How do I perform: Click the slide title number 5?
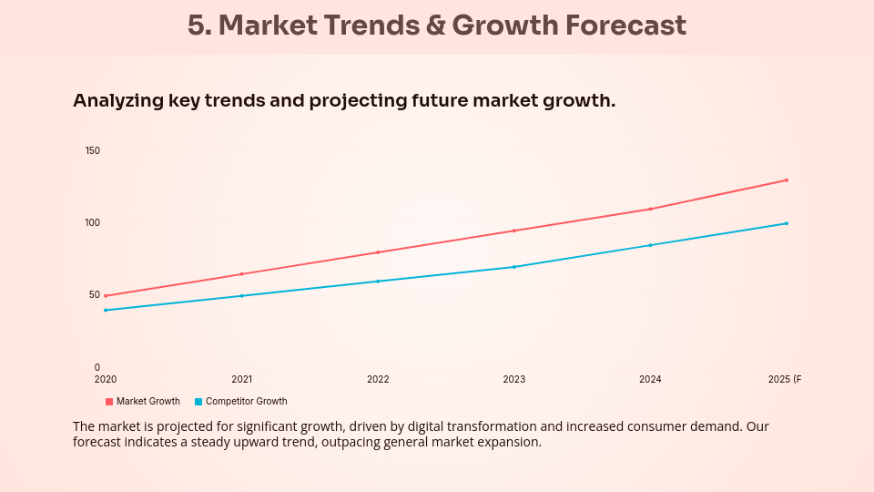[198, 26]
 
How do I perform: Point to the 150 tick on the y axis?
[92, 150]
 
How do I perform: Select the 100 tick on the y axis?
[92, 222]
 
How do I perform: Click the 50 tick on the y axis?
[94, 294]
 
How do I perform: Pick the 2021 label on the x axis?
[241, 379]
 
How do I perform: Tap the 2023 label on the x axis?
[513, 379]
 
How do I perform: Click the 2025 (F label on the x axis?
[784, 379]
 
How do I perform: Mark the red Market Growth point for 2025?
[787, 180]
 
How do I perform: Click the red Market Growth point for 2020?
[106, 296]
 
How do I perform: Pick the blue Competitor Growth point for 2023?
[514, 267]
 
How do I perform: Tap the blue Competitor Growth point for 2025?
[787, 223]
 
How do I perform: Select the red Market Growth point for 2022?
[378, 252]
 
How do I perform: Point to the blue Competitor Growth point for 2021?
[241, 296]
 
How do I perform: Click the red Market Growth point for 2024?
[650, 209]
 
